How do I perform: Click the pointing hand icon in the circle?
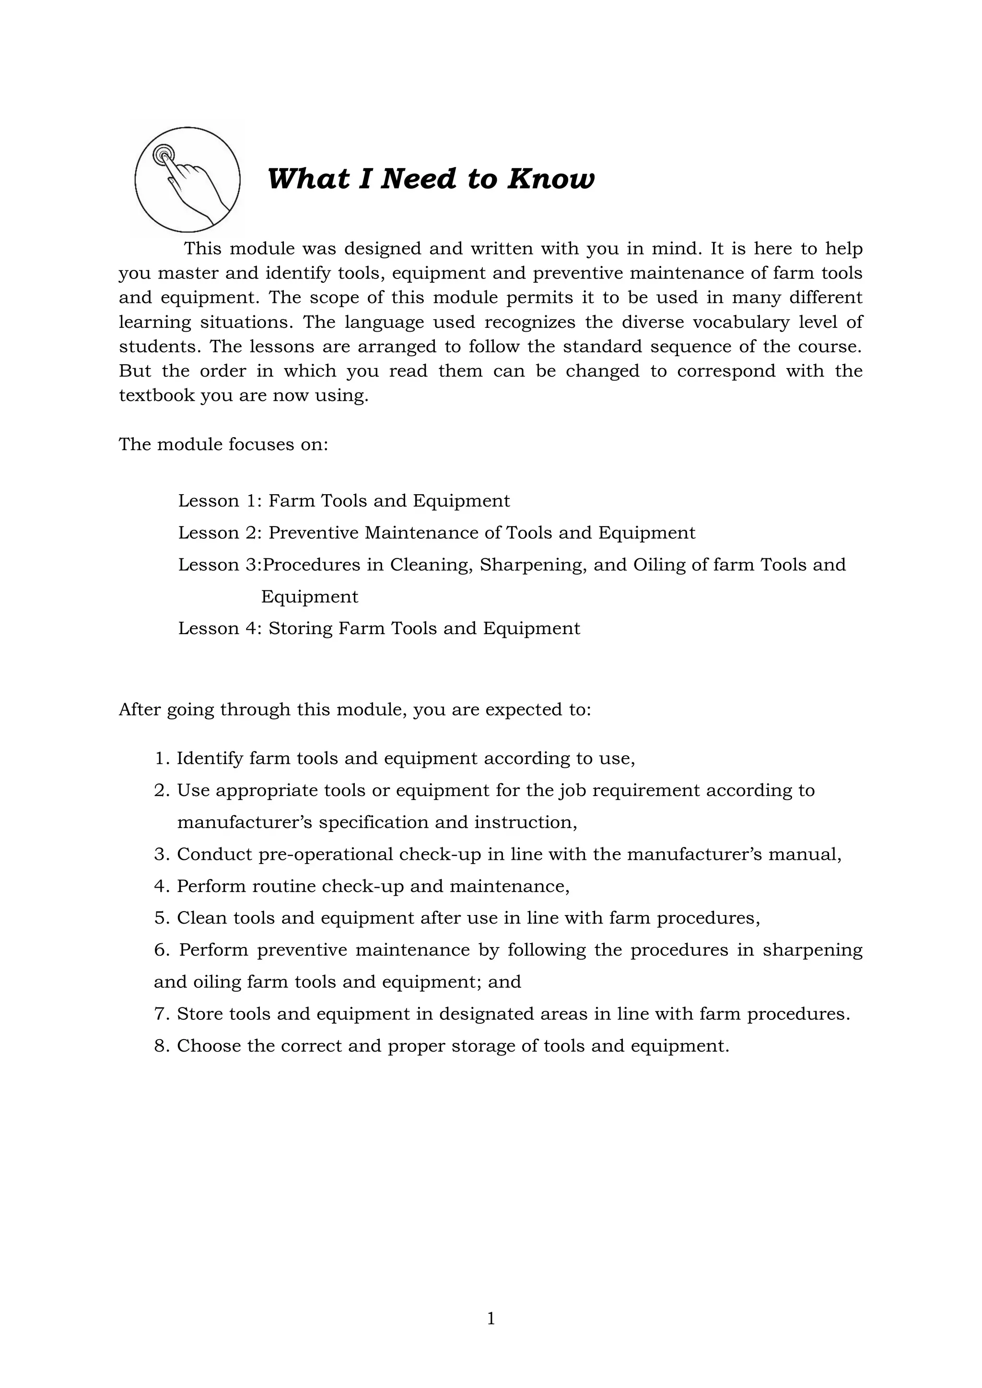pos(187,180)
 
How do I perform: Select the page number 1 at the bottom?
pos(491,1319)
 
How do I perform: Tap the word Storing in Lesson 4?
pos(301,628)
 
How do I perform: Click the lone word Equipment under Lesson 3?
pos(310,597)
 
